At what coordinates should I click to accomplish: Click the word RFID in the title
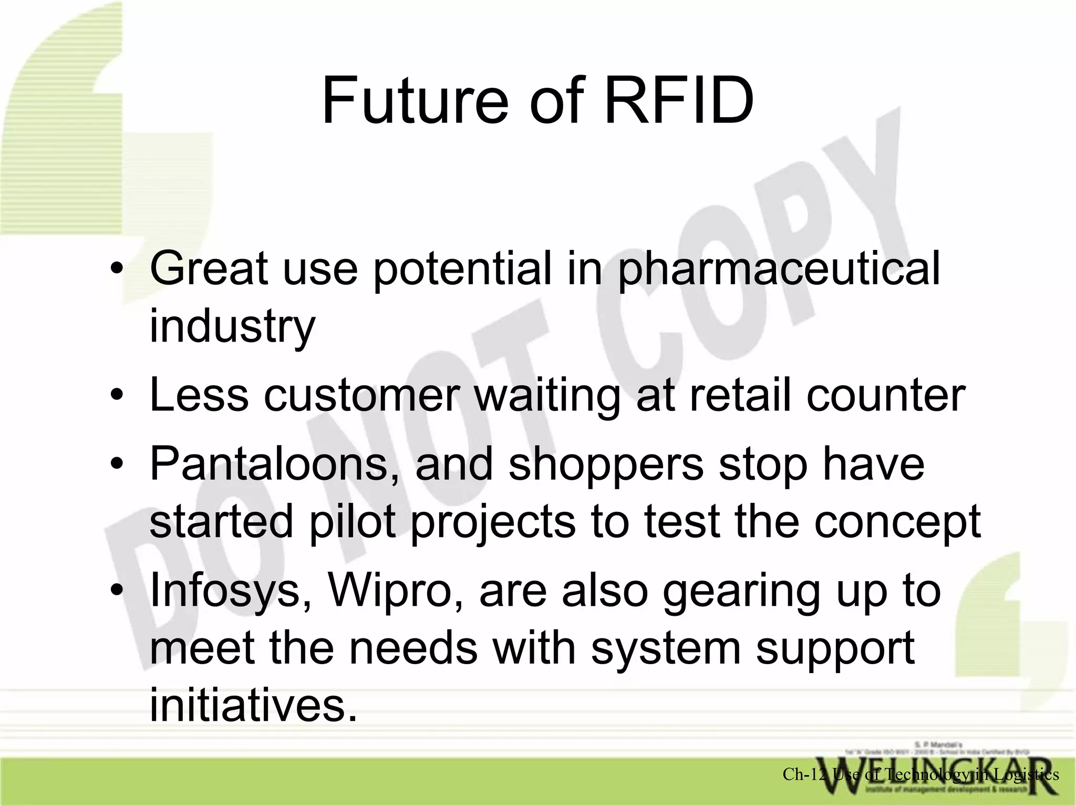click(x=679, y=101)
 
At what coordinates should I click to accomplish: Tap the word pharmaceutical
click(x=779, y=269)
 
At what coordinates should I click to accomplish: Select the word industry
click(x=232, y=326)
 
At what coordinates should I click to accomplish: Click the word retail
click(x=742, y=395)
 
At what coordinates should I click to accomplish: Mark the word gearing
click(x=740, y=591)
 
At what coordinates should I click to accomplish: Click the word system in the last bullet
click(x=665, y=647)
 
